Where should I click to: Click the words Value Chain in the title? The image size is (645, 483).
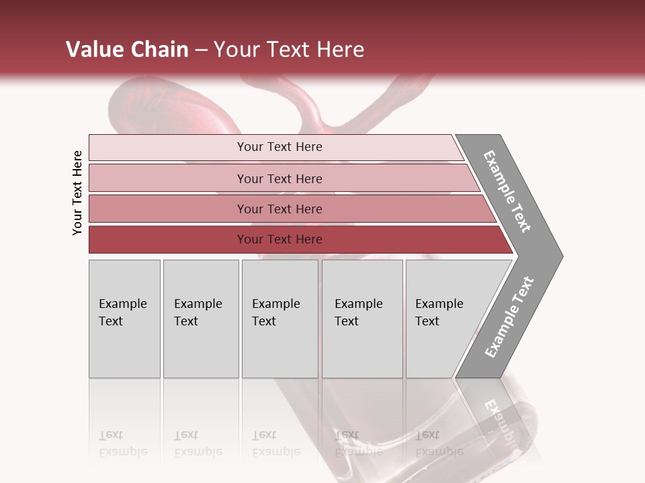tap(127, 50)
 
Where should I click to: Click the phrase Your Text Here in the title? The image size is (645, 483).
tap(289, 50)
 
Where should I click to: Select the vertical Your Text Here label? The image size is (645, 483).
tap(77, 193)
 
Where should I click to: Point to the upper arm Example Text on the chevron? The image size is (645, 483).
tap(507, 191)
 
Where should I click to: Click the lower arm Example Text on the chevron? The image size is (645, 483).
tap(509, 317)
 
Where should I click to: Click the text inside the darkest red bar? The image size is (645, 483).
tap(279, 239)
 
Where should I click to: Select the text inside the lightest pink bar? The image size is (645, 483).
tap(279, 147)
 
